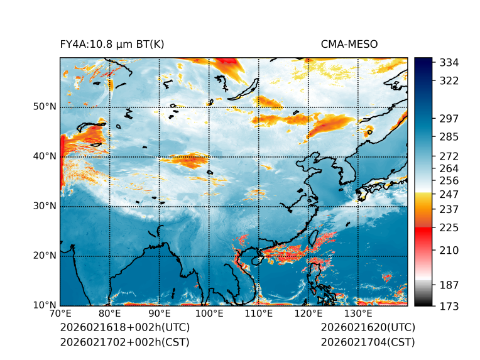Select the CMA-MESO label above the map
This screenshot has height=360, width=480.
(349, 44)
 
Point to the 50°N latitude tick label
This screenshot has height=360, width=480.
(45, 107)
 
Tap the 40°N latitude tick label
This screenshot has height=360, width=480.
(45, 156)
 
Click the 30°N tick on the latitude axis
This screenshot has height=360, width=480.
(45, 206)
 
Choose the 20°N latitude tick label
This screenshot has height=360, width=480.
(45, 256)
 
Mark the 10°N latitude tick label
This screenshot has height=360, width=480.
(45, 305)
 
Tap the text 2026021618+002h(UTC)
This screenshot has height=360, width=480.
(124, 328)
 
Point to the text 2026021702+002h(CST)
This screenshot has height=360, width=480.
(124, 342)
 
